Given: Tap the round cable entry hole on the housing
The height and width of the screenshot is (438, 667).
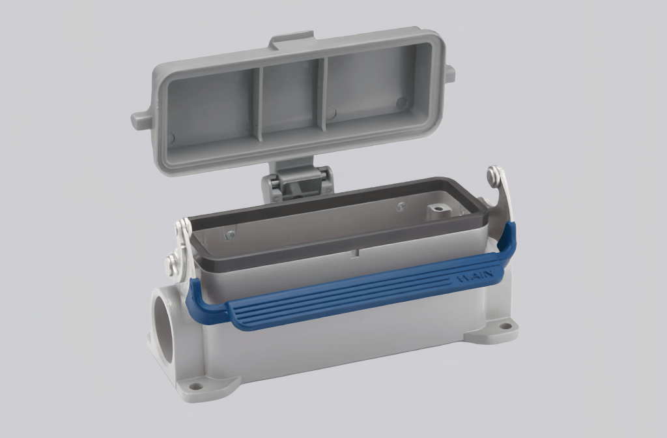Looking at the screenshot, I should tap(163, 326).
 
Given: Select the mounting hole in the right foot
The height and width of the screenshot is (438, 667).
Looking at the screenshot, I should tap(504, 327).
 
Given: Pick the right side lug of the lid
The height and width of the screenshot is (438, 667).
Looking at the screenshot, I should tap(449, 73).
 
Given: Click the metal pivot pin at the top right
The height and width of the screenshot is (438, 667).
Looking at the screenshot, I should tap(494, 175).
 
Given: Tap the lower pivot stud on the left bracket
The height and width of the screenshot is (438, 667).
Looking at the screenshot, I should tap(172, 263).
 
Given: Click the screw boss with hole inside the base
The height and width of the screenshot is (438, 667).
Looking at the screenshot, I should tap(438, 211).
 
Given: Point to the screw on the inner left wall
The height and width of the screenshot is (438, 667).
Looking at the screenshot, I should tap(229, 233).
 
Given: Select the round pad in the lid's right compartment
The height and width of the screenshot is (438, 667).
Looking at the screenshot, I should tap(401, 103).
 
